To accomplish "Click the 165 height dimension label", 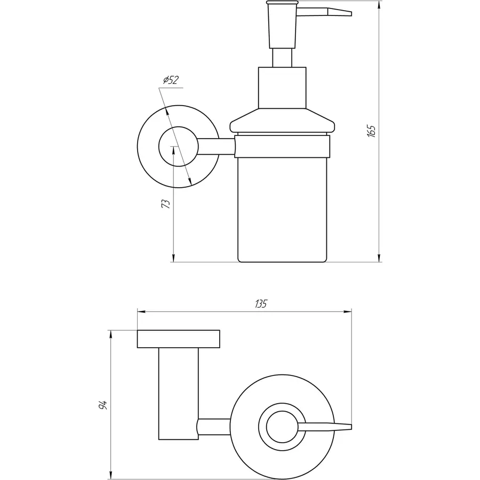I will pos(372,131).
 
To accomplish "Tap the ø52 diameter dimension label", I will pos(170,80).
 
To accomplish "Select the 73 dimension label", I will pos(166,203).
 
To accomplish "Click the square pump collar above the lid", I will pos(282,87).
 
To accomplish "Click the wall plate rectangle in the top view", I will pos(179,339).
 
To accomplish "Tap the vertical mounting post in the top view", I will pos(179,392).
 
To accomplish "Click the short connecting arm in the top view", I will pos(215,427).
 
